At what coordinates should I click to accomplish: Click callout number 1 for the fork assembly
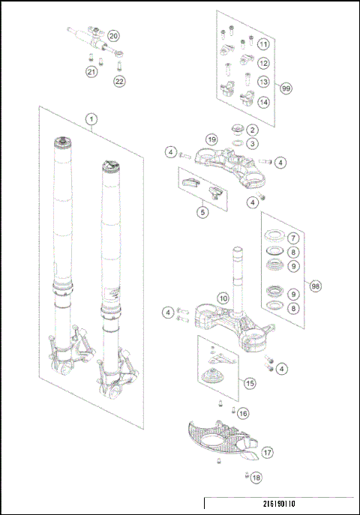[x=91, y=119]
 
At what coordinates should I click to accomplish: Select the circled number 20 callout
[x=113, y=36]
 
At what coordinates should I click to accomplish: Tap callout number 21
[x=91, y=72]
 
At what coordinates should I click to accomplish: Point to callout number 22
[x=120, y=81]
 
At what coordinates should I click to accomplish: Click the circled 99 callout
[x=286, y=88]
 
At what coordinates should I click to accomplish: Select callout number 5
[x=202, y=212]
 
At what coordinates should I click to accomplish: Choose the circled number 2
[x=253, y=130]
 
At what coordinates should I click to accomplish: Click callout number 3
[x=253, y=143]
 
